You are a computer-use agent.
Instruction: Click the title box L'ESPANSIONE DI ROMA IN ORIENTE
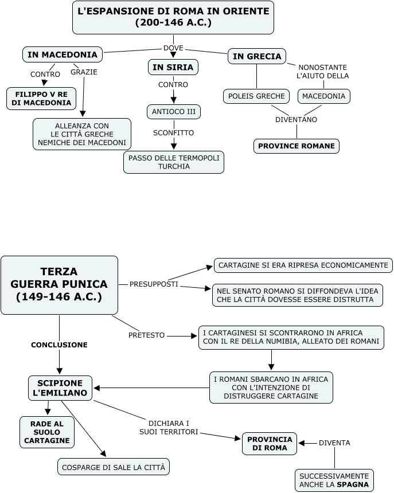coord(173,17)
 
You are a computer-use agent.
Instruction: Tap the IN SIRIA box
coord(173,68)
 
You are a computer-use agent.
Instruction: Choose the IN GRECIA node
coord(256,56)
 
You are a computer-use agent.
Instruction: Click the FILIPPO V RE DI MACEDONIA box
coord(42,98)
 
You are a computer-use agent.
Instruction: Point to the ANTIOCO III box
coord(173,111)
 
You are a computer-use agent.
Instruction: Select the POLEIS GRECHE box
coord(256,96)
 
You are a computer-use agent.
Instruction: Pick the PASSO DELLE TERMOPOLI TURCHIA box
coord(173,162)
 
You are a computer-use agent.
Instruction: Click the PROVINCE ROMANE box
coord(296,146)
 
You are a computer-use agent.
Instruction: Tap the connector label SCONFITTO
coord(173,132)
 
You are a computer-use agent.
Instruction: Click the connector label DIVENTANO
coord(296,120)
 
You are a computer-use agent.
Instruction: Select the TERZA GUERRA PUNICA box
coord(59,284)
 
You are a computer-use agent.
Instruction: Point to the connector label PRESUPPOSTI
coord(154,284)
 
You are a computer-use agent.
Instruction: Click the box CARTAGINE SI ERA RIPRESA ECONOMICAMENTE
coord(303,265)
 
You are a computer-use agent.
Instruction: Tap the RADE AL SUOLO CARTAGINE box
coord(48,432)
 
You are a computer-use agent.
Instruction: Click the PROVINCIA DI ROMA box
coord(270,444)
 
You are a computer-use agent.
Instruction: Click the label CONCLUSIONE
coord(59,345)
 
